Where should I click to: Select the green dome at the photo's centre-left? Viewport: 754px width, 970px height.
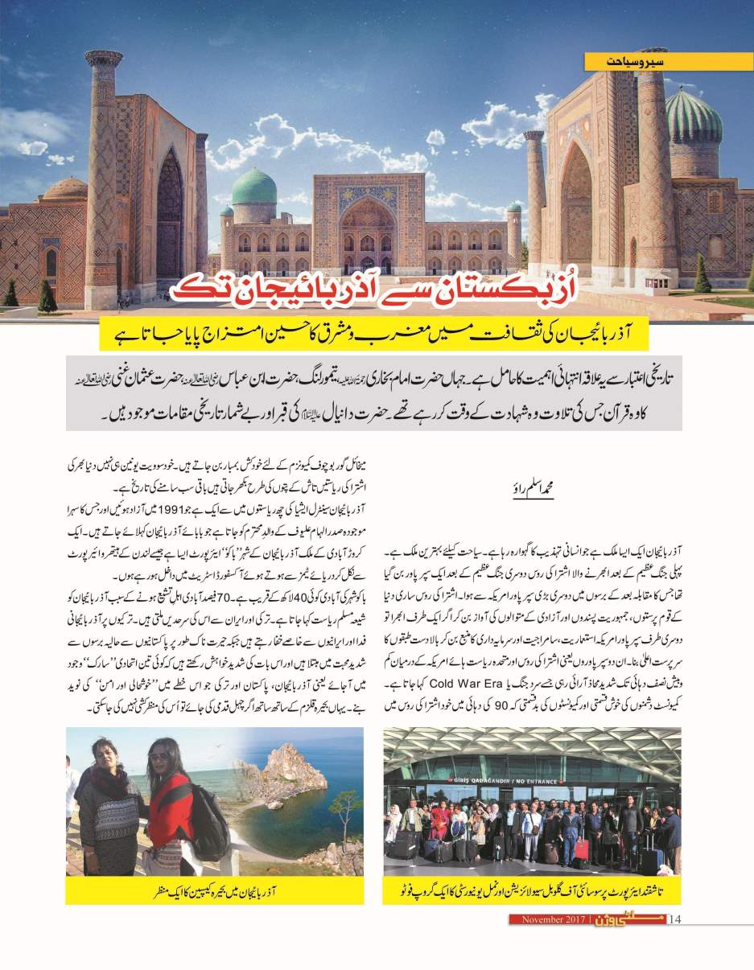(253, 187)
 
